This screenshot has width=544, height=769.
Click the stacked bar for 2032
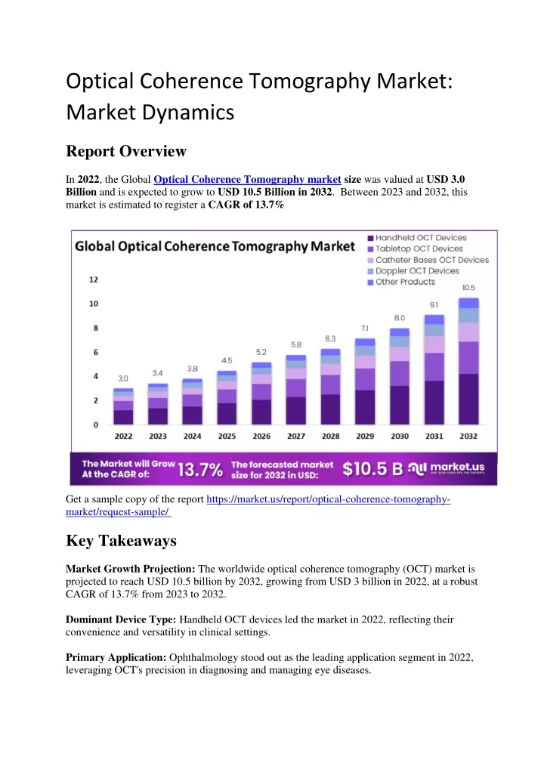pos(468,361)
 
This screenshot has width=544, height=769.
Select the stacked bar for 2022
pos(123,406)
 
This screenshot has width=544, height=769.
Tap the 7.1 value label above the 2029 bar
pos(364,328)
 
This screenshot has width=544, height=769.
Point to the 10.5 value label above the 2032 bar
pos(468,288)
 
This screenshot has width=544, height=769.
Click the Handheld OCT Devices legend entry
pos(417,238)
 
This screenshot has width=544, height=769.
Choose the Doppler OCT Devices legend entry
pos(413,271)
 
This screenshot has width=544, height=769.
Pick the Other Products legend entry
pos(402,282)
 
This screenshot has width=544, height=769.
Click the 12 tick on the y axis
pos(93,279)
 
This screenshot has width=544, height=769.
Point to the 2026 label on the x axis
pos(261,436)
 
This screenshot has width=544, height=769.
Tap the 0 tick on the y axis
pos(96,425)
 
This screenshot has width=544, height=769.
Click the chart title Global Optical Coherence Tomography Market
pos(215,247)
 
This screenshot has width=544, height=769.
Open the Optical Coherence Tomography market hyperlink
pos(247,180)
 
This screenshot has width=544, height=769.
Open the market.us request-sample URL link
pos(258,505)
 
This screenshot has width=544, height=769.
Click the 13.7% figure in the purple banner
pos(200,470)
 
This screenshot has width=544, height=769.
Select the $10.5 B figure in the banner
pos(372,469)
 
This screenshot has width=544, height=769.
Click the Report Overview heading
pos(126,151)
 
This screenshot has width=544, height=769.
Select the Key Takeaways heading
pos(121,540)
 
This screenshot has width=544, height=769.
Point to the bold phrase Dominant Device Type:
pos(121,619)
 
